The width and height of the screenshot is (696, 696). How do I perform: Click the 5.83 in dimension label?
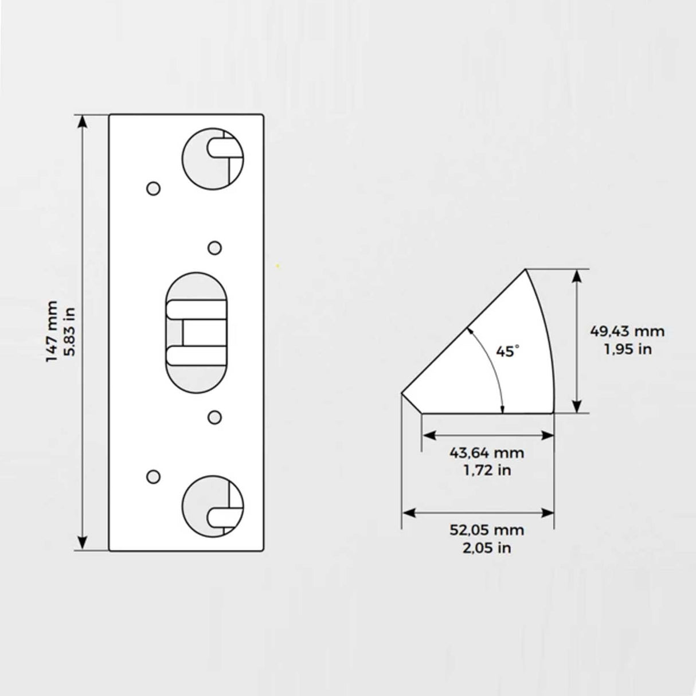point(71,331)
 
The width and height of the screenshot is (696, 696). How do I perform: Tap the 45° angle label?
point(507,351)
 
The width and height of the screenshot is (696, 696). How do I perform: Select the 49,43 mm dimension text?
point(627,331)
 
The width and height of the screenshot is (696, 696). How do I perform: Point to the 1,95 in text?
point(627,349)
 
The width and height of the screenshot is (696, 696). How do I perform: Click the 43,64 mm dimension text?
point(487,453)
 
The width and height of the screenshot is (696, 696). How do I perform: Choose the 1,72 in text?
point(487,471)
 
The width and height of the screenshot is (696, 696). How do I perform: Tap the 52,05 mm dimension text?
point(487,530)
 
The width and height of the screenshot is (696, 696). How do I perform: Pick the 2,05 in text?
point(487,548)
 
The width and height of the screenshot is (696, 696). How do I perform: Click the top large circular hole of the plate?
point(213,157)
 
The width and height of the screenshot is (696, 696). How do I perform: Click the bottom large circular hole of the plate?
point(213,506)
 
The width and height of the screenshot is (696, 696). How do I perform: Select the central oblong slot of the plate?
point(196,333)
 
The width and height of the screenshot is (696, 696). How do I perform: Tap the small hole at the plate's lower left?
point(153,476)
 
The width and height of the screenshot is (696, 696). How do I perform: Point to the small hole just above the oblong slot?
point(214,248)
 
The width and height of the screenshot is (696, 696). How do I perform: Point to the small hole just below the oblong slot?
point(214,417)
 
